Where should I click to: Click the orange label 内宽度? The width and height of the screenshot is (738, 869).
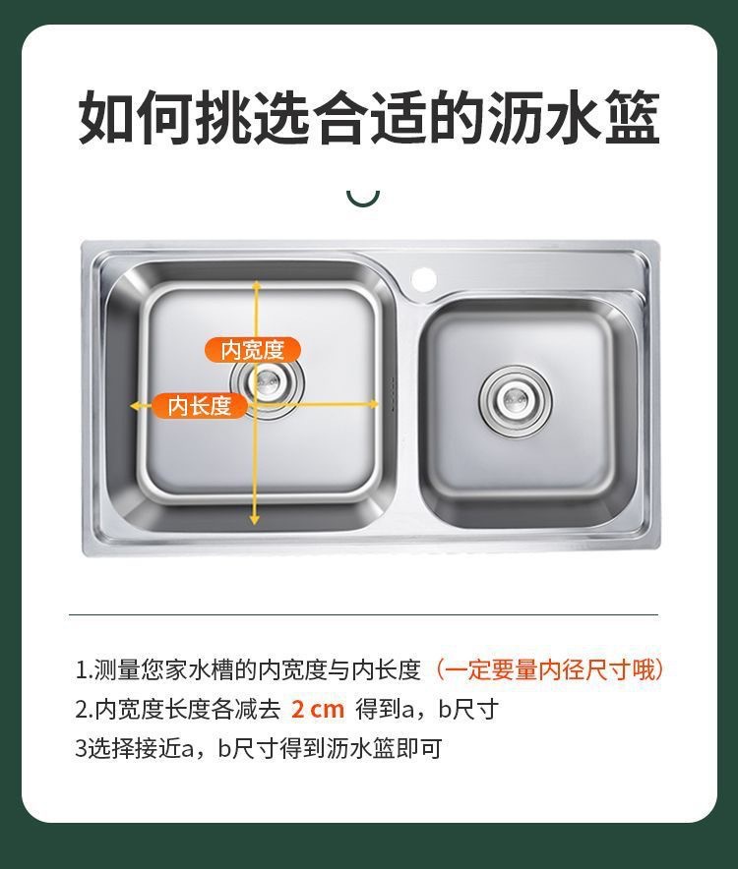point(253,350)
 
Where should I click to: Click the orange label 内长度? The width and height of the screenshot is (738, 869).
point(199,406)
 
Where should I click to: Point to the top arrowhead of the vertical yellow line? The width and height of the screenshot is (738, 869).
point(257,285)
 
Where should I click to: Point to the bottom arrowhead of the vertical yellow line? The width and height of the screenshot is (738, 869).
point(254,519)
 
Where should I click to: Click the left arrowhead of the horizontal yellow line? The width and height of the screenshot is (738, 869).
point(135,406)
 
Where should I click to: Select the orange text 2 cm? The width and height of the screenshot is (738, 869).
point(318,710)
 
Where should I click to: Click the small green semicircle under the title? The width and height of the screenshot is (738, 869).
point(363,199)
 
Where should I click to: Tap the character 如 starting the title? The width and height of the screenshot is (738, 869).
point(106,118)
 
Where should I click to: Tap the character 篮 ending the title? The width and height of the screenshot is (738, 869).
point(632,118)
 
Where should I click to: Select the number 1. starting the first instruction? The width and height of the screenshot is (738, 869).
point(84,670)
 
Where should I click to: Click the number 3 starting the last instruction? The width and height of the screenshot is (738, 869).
point(81,749)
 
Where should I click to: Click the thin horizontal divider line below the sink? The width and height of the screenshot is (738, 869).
point(363,614)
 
